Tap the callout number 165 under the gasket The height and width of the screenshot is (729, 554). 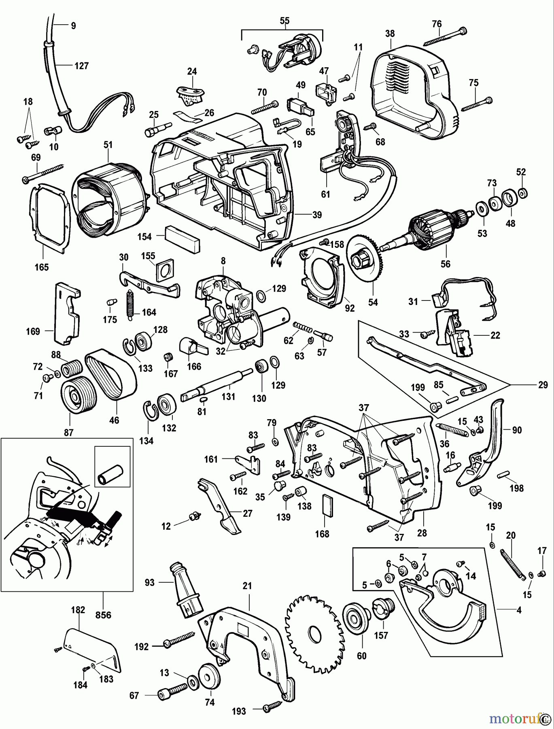pos(42,267)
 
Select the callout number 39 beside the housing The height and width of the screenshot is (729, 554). pos(317,215)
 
